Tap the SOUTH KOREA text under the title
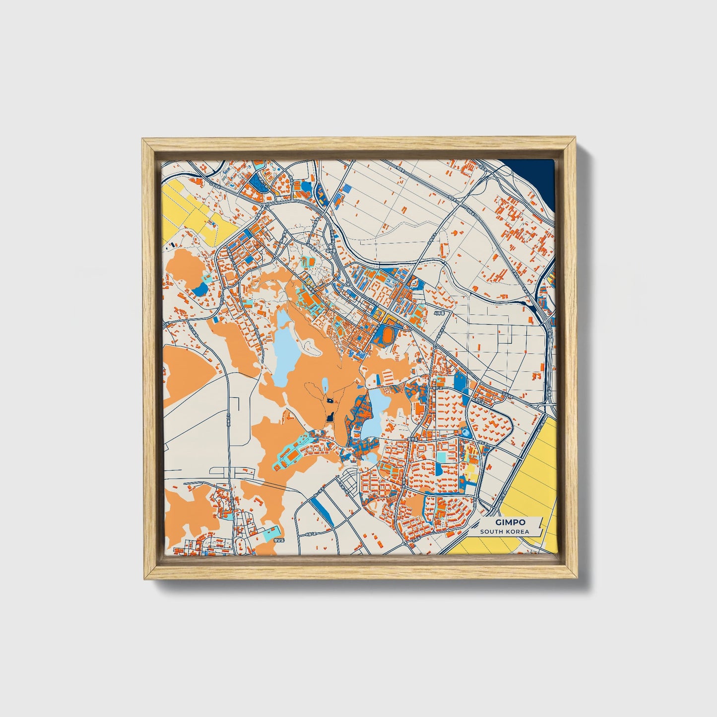tap(504, 531)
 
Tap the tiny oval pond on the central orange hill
tap(325, 385)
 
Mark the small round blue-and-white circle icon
tap(465, 433)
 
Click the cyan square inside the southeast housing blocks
tap(440, 456)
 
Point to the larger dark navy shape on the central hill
tap(330, 418)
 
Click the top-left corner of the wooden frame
tap(143, 140)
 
